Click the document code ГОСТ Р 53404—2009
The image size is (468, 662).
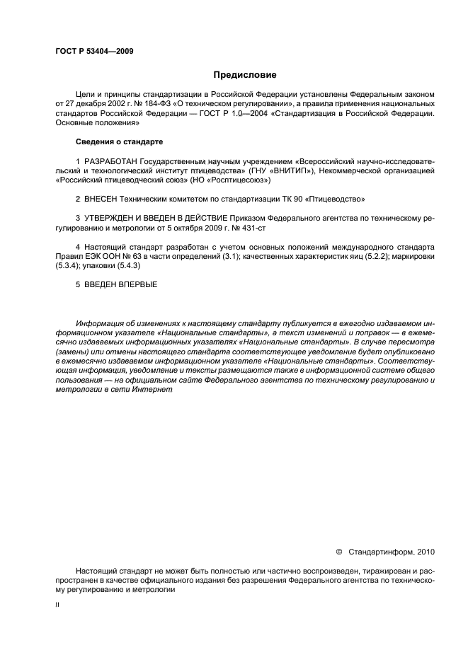(93, 51)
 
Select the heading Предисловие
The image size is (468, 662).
(245, 74)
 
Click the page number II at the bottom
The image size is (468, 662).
(58, 605)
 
